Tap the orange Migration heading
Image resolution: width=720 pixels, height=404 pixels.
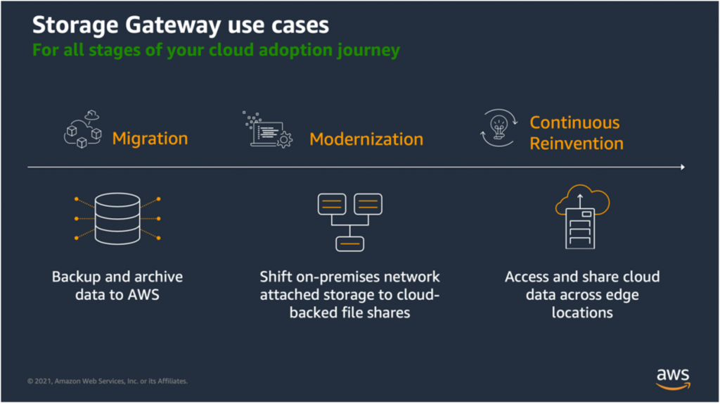point(150,138)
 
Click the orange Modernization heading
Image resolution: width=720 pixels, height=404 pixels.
point(366,139)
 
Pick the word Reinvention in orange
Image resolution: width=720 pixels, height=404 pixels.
point(577,144)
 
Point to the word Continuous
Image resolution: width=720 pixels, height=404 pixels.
point(574,122)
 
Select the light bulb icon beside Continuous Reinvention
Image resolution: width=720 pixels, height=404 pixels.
point(499,128)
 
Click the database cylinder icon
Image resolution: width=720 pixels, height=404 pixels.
point(117,219)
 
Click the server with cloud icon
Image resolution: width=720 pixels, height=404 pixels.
point(581,218)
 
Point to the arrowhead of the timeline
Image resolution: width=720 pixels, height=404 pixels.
point(681,168)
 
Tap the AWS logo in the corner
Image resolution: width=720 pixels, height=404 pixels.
point(673,378)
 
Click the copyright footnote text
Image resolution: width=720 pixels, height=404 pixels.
point(108,381)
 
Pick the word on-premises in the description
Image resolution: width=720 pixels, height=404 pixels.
point(334,277)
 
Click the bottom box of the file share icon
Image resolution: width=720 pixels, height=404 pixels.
point(349,244)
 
